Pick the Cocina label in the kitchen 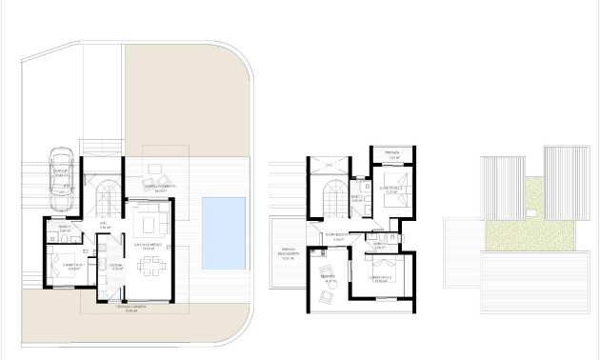tap(116, 267)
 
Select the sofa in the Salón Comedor tap(150, 226)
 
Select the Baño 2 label tap(356, 199)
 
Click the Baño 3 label tap(378, 245)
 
